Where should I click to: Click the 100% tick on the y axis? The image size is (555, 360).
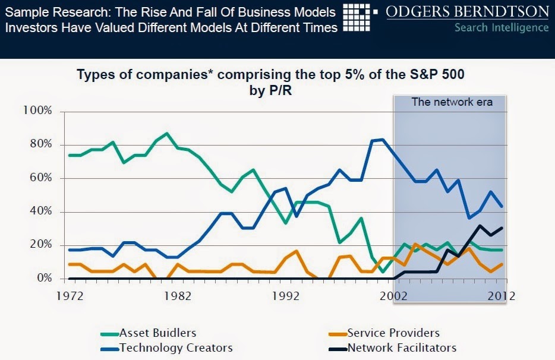coord(37,111)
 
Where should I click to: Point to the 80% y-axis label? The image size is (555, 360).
coord(40,144)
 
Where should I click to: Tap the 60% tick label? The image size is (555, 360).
coord(40,178)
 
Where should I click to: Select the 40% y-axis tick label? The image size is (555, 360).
coord(40,211)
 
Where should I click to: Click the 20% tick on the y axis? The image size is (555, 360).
coord(40,245)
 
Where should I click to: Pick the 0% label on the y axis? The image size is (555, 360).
coord(43,278)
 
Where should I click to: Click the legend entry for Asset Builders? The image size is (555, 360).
coord(157,333)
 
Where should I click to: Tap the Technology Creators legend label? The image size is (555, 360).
coord(176,348)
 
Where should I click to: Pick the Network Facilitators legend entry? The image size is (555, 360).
coord(402,348)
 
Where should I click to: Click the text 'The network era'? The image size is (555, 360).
coord(452,102)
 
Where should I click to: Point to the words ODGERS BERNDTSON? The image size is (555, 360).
coord(468,12)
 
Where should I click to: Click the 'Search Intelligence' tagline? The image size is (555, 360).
coord(501,27)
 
